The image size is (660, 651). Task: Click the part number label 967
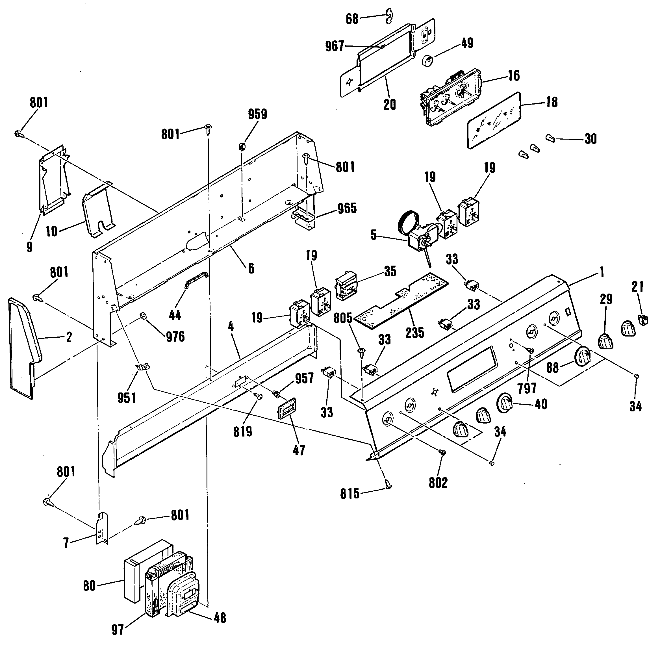(335, 46)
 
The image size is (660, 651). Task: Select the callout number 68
(352, 19)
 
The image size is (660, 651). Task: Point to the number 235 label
(415, 332)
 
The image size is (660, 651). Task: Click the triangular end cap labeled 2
(23, 345)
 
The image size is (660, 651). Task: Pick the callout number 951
(127, 398)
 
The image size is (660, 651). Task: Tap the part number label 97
(118, 630)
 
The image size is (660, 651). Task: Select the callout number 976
(175, 337)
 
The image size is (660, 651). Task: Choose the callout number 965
(347, 208)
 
